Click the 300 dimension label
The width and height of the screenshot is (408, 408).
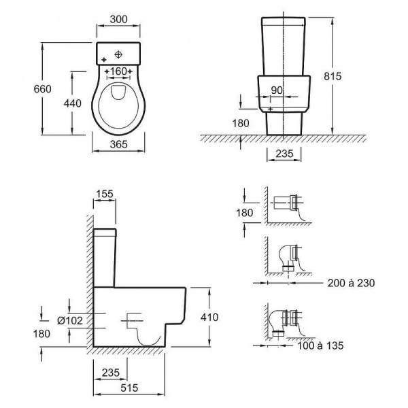click(x=118, y=19)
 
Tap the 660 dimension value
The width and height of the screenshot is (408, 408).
click(x=43, y=89)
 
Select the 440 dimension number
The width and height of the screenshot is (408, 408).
click(x=73, y=103)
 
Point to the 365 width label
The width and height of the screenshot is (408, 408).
click(x=118, y=144)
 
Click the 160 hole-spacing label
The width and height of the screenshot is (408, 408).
click(x=118, y=71)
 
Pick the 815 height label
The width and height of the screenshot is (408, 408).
click(x=333, y=76)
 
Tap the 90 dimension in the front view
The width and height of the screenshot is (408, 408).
click(x=277, y=90)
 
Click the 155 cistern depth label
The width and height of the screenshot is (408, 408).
click(x=105, y=194)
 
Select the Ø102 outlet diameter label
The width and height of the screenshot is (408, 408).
click(x=70, y=320)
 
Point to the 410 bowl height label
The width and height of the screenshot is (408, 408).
click(x=209, y=317)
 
